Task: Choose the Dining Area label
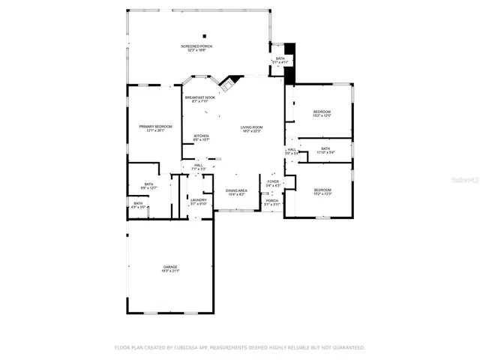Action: [236, 192]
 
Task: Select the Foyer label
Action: [272, 182]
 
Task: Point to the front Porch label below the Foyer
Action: [271, 202]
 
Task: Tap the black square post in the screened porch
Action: [203, 34]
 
